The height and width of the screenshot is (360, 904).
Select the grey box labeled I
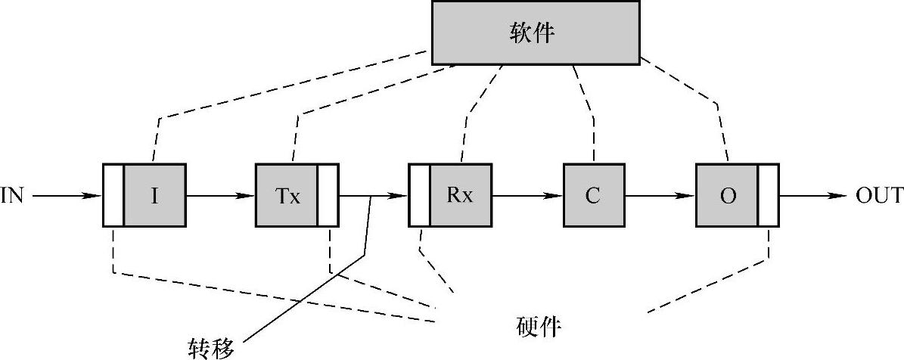[x=154, y=195]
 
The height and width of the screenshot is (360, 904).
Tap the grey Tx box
[x=287, y=195]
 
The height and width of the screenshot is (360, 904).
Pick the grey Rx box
[x=461, y=195]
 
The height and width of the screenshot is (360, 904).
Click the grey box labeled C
[x=593, y=195]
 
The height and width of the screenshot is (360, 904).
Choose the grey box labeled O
[x=727, y=195]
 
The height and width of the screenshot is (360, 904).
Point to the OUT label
[x=879, y=196]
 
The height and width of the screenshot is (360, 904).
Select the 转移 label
[x=211, y=347]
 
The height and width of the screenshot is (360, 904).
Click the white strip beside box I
[x=113, y=195]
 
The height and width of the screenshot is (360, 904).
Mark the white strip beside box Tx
[x=328, y=195]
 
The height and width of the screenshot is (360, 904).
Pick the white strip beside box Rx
[x=419, y=195]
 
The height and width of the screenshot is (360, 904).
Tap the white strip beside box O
[x=768, y=195]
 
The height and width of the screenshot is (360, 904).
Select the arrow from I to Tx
[x=220, y=196]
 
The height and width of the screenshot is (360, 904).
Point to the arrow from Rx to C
[x=527, y=196]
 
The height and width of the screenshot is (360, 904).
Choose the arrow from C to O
[x=660, y=196]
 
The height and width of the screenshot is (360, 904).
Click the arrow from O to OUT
[x=812, y=196]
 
